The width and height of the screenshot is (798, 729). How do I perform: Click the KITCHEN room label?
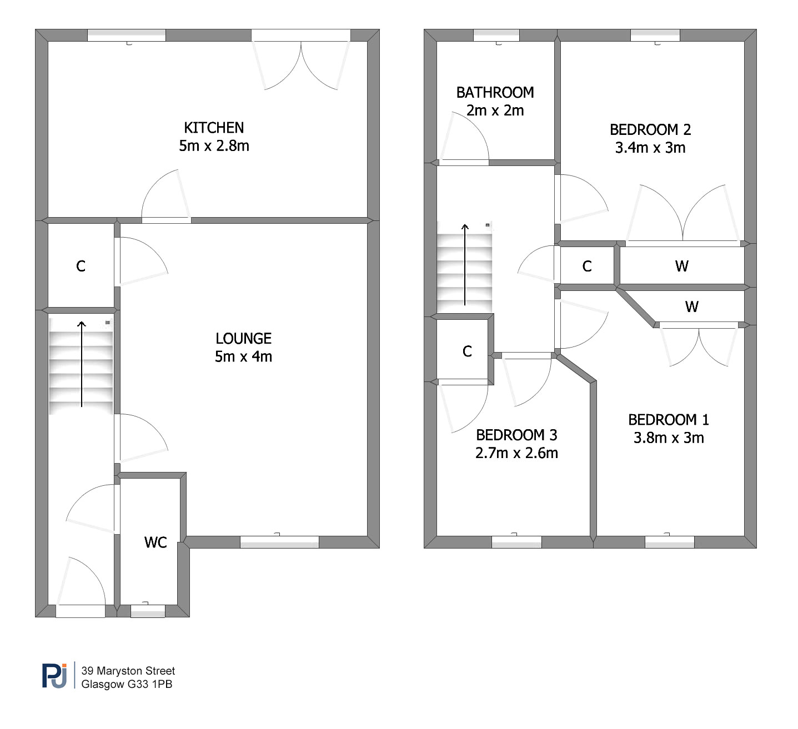coord(214,128)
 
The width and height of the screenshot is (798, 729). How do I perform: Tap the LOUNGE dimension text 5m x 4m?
coord(243,356)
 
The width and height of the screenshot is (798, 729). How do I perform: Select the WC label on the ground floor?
coord(155,542)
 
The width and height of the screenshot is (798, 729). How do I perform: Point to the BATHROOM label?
coord(495,92)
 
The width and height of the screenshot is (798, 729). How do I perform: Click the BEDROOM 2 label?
coord(650,130)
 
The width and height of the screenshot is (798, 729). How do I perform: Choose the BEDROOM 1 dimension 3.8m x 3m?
coord(669,438)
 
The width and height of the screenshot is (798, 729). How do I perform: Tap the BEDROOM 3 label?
coord(517,435)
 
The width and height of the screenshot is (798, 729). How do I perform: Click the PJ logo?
coord(54,675)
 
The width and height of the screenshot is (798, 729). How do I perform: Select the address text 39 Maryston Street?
coord(128,671)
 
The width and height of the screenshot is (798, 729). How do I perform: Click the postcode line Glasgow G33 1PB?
coord(127,684)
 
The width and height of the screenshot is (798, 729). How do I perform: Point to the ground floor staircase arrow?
coord(82,364)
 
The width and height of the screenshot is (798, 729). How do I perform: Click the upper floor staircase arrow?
coord(465,265)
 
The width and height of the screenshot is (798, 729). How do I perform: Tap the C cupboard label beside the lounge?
coord(81,266)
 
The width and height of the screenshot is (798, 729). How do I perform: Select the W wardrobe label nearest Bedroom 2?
coord(682,266)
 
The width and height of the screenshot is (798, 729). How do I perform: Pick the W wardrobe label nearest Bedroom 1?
coord(692,306)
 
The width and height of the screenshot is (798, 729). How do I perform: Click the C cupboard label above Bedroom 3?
coord(468,351)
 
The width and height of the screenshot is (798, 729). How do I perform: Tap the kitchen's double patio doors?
coord(301,60)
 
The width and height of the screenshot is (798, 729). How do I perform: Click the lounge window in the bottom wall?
coord(280,542)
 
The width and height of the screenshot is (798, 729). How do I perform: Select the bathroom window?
coord(496,35)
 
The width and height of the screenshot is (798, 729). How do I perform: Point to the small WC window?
coord(148,611)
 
